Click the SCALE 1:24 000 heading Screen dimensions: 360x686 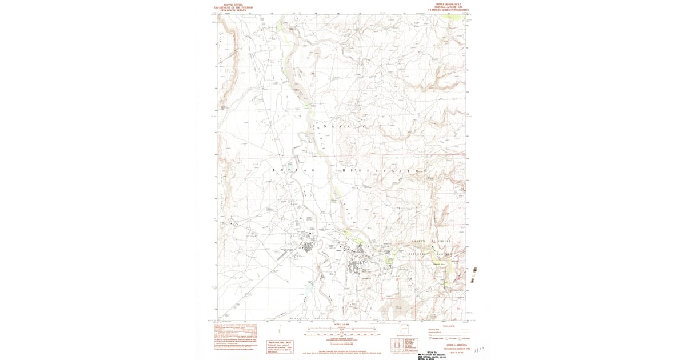[342, 323]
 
